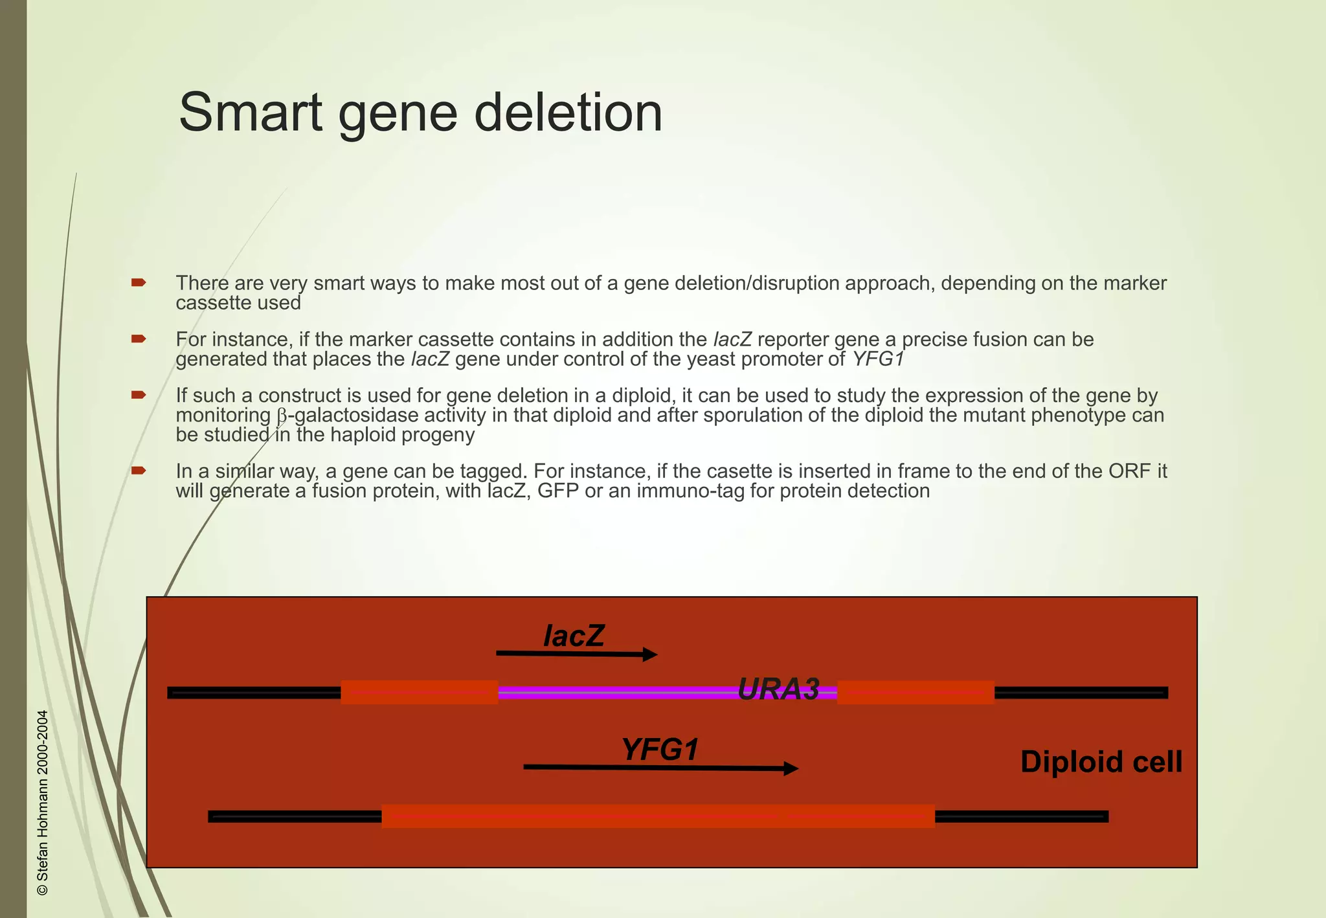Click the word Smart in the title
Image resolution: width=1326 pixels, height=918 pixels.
250,113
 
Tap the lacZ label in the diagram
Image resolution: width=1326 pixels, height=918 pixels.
574,636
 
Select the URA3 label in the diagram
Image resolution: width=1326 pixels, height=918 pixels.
778,689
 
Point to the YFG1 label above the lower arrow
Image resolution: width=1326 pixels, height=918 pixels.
660,750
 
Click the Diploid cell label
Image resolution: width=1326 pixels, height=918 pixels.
1101,762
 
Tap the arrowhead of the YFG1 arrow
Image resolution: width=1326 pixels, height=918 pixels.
791,768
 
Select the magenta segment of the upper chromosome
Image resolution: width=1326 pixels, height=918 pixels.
615,693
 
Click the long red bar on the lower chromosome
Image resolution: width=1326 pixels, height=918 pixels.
658,816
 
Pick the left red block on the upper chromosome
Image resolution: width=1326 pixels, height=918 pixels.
419,692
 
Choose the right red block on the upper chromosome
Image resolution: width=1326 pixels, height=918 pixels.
916,692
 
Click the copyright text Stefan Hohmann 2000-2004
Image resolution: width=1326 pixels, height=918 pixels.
43,803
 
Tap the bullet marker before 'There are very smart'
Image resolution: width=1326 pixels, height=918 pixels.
139,282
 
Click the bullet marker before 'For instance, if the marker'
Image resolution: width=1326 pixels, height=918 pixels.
139,339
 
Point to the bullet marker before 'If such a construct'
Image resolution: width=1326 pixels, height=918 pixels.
139,395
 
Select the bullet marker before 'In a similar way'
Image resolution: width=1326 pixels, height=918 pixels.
139,470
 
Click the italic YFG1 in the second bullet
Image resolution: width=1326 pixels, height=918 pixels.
878,359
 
